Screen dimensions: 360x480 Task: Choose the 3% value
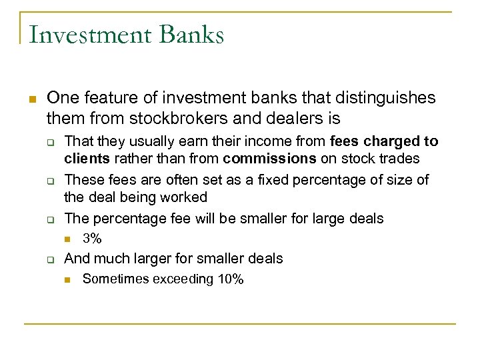91,239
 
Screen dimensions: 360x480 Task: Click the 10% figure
231,280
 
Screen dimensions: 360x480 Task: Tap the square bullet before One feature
31,99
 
